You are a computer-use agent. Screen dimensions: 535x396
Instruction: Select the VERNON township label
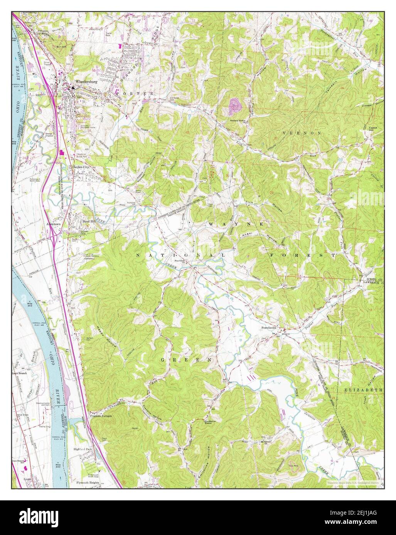pyautogui.click(x=307, y=132)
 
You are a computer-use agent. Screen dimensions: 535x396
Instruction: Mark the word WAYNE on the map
pyautogui.click(x=236, y=224)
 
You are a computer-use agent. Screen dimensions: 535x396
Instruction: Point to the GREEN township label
pyautogui.click(x=186, y=359)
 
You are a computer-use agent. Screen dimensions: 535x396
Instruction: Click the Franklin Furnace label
pyautogui.click(x=101, y=416)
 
